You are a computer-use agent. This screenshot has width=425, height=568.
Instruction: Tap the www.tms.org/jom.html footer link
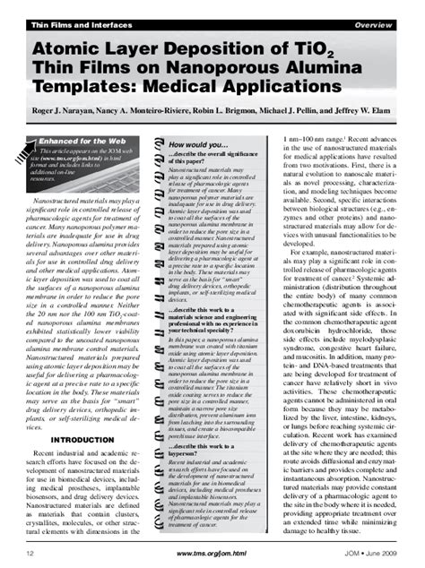pyautogui.click(x=212, y=556)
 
